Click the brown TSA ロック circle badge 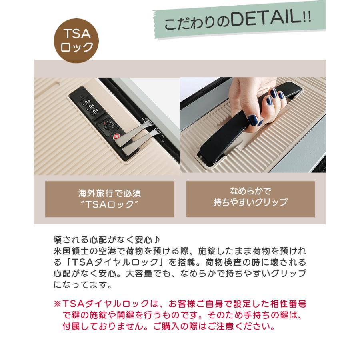coord(76,41)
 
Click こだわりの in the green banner coord(192,24)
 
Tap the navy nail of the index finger coord(273,93)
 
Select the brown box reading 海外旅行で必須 coord(109,199)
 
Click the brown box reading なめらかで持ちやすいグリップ coord(250,199)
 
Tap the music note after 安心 coord(157,240)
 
